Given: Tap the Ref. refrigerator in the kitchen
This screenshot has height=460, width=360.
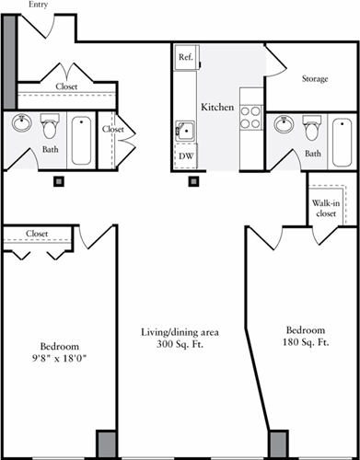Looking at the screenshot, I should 185,57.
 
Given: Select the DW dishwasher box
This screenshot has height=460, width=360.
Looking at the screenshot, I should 185,157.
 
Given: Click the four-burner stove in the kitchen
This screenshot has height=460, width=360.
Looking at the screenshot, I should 250,116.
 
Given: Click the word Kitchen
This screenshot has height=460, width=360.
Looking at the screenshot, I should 217,108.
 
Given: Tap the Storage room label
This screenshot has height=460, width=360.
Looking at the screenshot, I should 315,78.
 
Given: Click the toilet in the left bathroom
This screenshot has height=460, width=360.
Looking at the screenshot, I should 50,126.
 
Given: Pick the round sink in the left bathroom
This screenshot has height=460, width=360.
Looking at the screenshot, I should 20,123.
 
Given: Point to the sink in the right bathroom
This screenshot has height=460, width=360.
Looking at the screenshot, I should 284,124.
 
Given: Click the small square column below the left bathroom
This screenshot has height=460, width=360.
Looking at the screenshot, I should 58,180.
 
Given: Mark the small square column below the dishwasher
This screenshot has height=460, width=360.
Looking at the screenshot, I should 193,180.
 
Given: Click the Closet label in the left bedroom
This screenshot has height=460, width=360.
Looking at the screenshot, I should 37,234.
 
